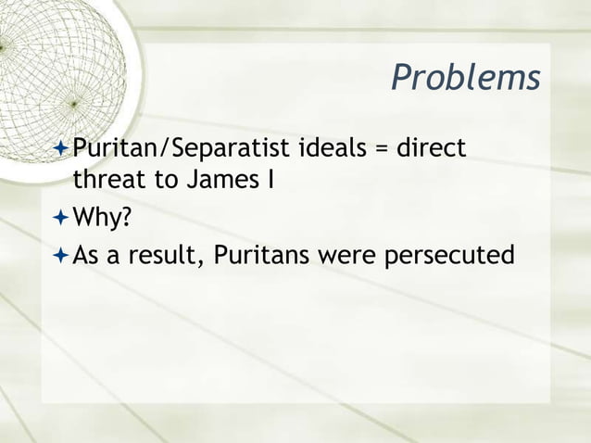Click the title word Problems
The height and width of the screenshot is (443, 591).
[x=465, y=79]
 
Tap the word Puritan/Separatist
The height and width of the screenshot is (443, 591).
[x=182, y=148]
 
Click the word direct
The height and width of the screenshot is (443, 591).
[x=434, y=147]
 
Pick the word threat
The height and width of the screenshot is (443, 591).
[x=103, y=179]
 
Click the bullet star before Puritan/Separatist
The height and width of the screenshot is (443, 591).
[x=61, y=148]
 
